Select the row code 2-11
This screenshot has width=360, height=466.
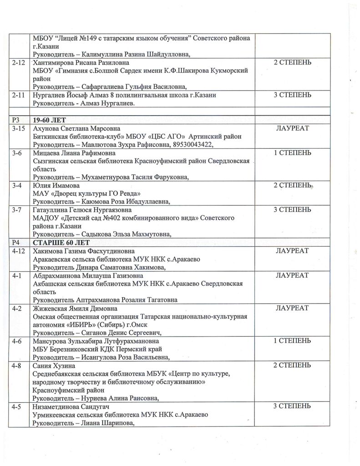click(x=19, y=95)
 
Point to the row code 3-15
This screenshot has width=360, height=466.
click(x=19, y=128)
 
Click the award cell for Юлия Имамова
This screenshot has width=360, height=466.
click(x=293, y=185)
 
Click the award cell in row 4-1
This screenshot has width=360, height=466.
click(x=292, y=275)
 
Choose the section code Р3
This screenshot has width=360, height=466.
click(x=16, y=119)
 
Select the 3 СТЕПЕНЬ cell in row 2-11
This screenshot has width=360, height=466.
click(x=293, y=95)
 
